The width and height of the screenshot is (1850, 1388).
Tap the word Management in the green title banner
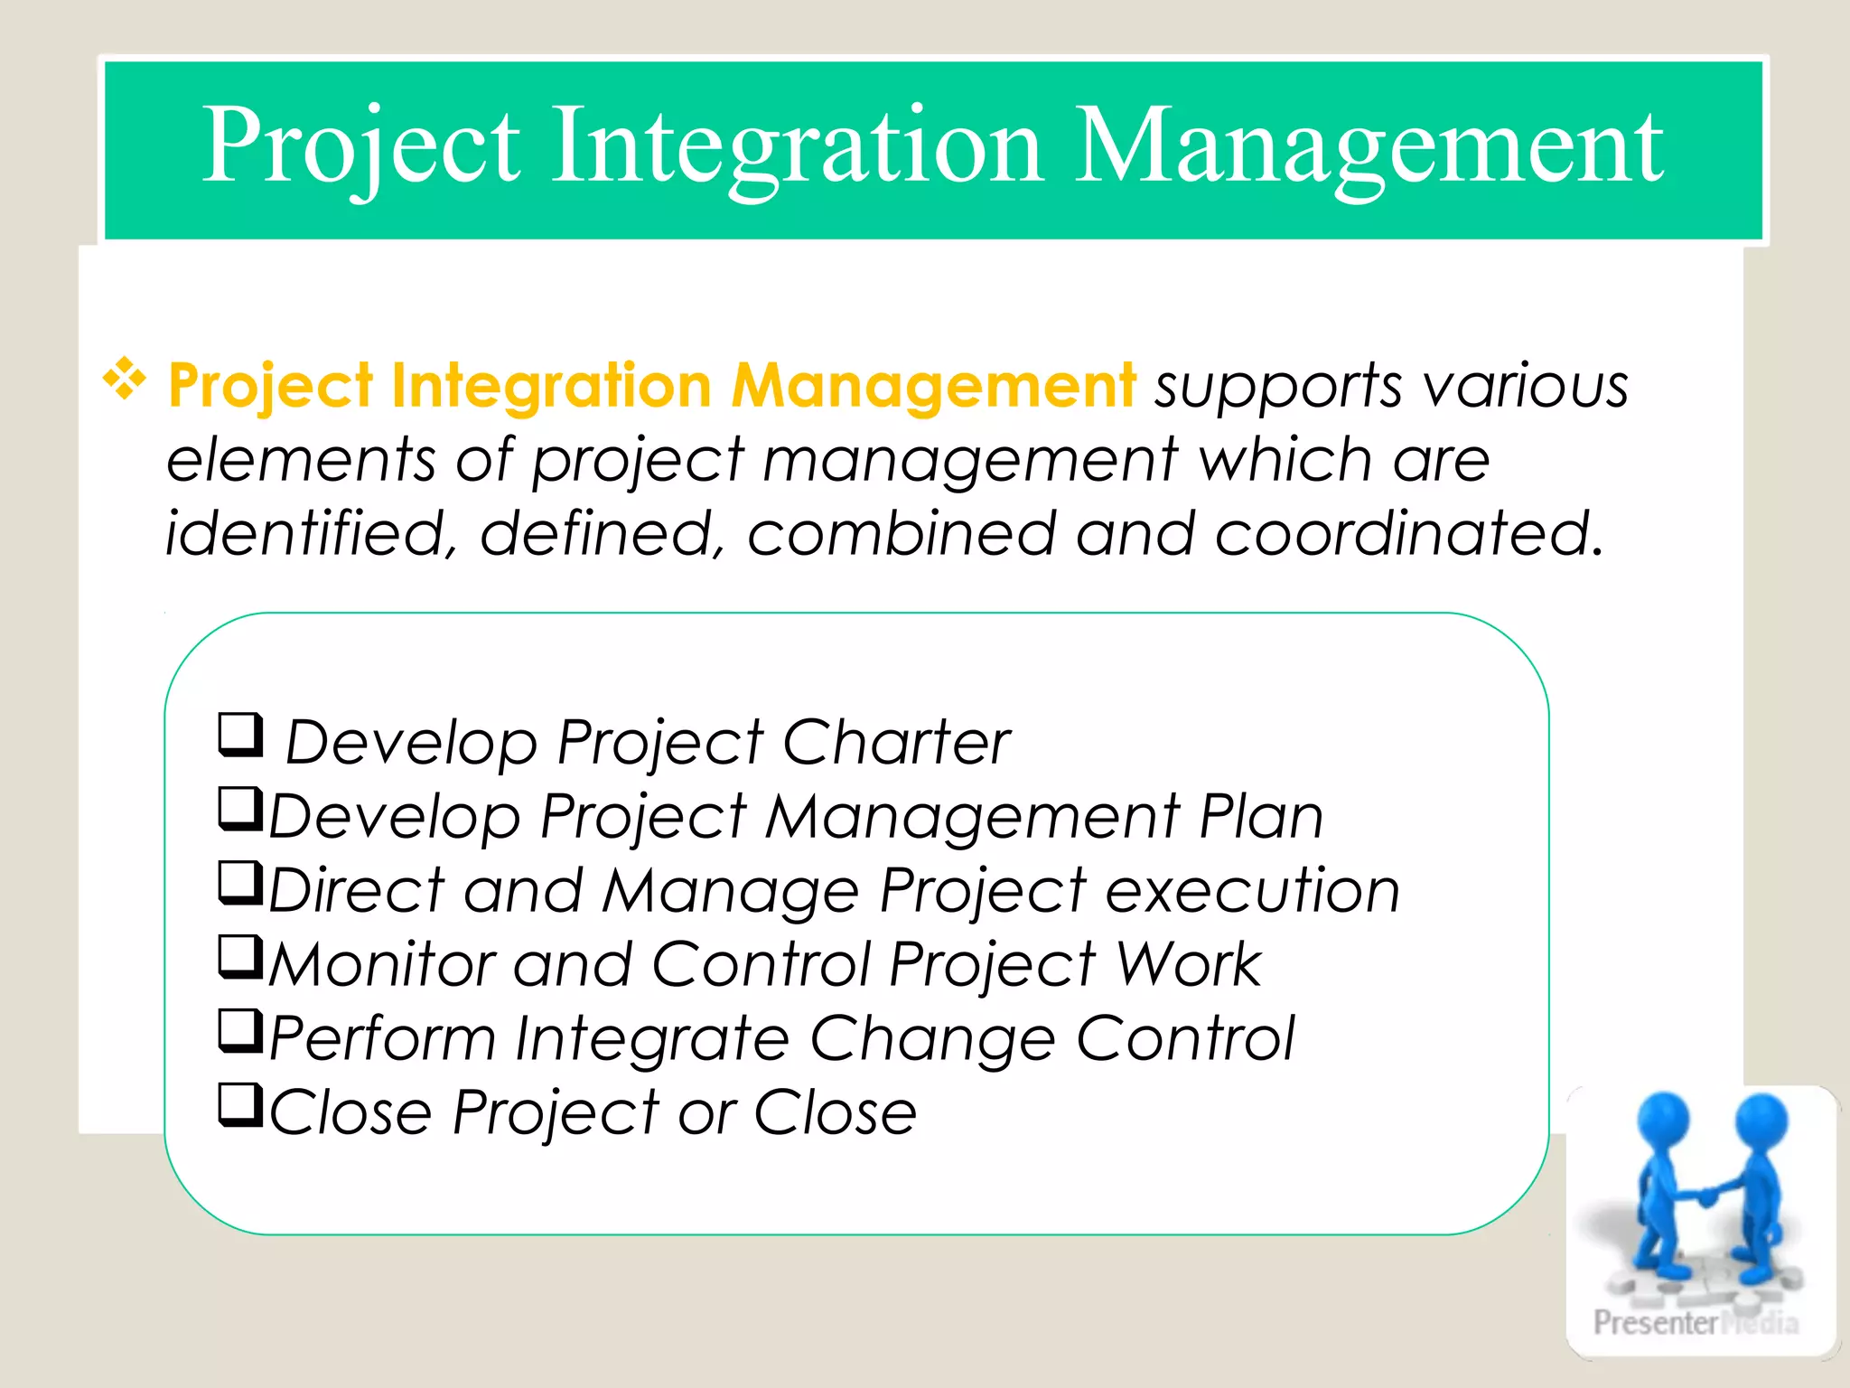(1369, 146)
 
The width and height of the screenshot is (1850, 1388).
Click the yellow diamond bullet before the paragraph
(125, 380)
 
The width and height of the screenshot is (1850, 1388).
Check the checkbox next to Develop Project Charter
(240, 735)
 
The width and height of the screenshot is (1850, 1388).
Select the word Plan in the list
(1260, 817)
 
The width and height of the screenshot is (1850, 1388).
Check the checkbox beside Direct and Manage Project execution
(240, 883)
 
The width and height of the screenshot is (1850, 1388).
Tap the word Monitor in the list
(382, 965)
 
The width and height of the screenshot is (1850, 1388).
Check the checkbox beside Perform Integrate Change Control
(240, 1031)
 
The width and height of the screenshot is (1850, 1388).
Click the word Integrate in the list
(652, 1039)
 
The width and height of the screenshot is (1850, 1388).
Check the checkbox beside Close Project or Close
(240, 1105)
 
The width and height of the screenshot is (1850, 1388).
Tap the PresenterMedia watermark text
(1695, 1323)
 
